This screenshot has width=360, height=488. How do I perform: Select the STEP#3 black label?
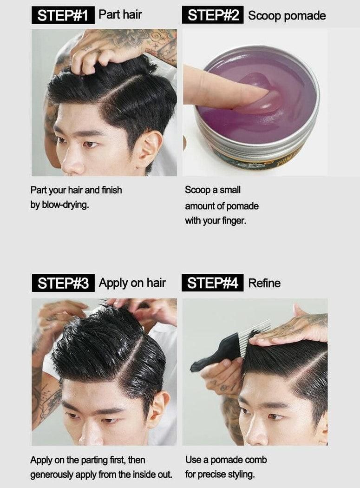[63, 283]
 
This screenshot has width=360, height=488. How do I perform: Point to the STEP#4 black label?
[212, 283]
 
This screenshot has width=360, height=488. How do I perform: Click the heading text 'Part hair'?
[120, 14]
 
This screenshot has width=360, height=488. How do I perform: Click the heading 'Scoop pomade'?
[287, 16]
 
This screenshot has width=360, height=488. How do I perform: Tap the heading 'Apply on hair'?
[132, 283]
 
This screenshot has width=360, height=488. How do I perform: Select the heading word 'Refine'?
[264, 283]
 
